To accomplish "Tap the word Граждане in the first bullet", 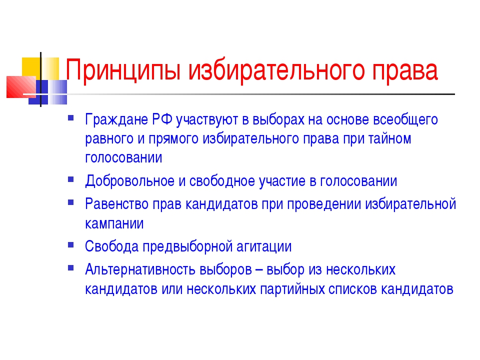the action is tap(116, 120).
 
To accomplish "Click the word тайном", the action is tap(389, 138).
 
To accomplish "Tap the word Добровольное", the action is tap(130, 181).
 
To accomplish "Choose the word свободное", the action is tap(222, 180).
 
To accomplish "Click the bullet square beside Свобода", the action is tap(70, 244).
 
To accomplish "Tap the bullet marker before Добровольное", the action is tap(70, 179).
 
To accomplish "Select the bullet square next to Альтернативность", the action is tap(70, 268).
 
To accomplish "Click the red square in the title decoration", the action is tap(21, 87).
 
